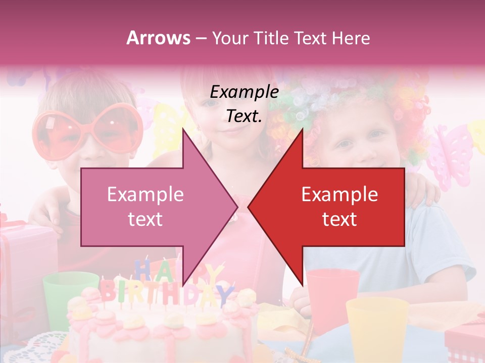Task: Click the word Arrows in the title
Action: click(x=159, y=38)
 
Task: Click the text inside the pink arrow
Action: click(x=145, y=207)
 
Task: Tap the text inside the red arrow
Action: click(x=339, y=207)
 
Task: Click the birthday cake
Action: click(x=162, y=328)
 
